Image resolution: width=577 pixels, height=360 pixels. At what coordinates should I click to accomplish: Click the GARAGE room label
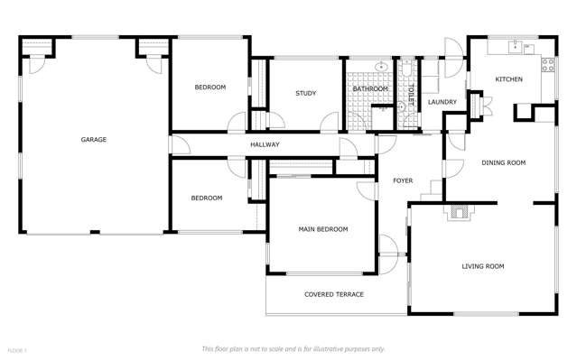pyautogui.click(x=94, y=140)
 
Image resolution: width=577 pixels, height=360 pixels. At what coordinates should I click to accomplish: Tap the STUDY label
pyautogui.click(x=304, y=94)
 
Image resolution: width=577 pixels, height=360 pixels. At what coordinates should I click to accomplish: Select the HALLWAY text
pyautogui.click(x=265, y=144)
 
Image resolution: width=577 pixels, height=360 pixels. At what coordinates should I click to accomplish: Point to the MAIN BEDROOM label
pyautogui.click(x=322, y=229)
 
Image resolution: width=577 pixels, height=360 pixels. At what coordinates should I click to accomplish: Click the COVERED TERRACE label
pyautogui.click(x=333, y=294)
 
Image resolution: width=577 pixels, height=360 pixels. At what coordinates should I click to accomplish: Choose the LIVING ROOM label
pyautogui.click(x=482, y=266)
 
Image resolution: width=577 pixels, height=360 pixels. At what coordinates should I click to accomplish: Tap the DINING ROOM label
pyautogui.click(x=503, y=162)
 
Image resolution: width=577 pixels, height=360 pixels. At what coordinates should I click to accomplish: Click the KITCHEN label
pyautogui.click(x=508, y=80)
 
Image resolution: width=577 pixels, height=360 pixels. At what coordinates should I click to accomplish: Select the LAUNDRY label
pyautogui.click(x=442, y=102)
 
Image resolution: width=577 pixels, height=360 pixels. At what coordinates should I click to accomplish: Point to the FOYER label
pyautogui.click(x=403, y=181)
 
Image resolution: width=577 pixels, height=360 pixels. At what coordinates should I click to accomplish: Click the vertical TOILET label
pyautogui.click(x=409, y=97)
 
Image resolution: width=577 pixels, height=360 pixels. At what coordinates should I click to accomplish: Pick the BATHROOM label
pyautogui.click(x=370, y=89)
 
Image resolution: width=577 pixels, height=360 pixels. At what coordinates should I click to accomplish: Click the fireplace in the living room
pyautogui.click(x=460, y=213)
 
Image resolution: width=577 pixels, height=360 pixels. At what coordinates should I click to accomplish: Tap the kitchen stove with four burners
pyautogui.click(x=546, y=63)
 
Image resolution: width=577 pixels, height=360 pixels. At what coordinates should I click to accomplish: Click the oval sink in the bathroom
pyautogui.click(x=382, y=67)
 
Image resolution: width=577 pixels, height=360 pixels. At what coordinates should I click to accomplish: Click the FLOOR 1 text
pyautogui.click(x=17, y=349)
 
